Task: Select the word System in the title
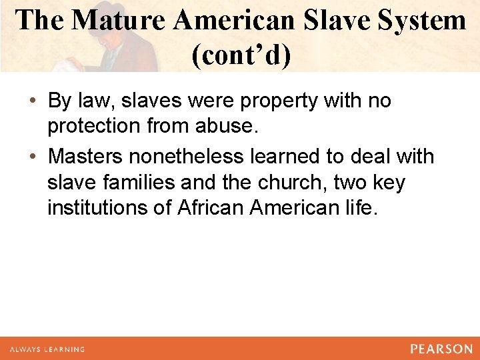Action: coord(421,21)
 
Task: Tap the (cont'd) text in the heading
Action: coord(241,56)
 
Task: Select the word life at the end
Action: coord(361,208)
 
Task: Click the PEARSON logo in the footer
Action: coord(441,349)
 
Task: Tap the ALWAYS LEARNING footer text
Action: coord(47,349)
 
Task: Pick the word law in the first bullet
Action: coord(97,101)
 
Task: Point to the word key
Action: coord(387,183)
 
